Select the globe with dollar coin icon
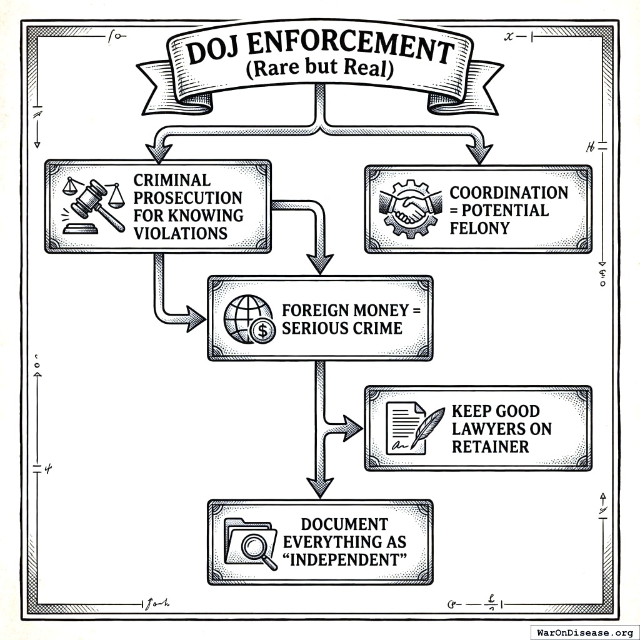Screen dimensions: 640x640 pos(249,319)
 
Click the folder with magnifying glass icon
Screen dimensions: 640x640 pos(250,542)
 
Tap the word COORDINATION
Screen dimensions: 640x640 pos(509,192)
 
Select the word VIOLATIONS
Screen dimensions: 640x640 pos(180,233)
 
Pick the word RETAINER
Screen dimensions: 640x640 pos(490,446)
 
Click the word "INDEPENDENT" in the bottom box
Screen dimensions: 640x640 pos(344,558)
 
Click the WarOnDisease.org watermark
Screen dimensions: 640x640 pos(584,631)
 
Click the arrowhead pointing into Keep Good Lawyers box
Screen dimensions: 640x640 pos(352,428)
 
